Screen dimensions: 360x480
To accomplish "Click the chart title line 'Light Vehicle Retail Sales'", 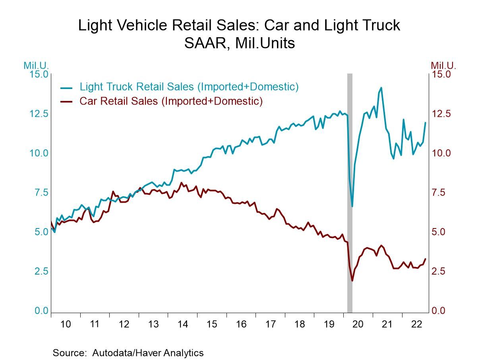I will (x=239, y=25).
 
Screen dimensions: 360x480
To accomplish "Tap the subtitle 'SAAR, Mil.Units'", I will (x=239, y=43).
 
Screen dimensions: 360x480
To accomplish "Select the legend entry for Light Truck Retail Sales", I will (x=189, y=87).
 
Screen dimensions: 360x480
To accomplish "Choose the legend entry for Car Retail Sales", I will (x=171, y=101).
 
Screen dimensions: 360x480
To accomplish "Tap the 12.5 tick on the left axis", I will (x=39, y=114).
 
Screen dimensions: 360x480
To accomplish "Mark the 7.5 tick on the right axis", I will (x=441, y=193).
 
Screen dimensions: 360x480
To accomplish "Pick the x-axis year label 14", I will (x=182, y=324).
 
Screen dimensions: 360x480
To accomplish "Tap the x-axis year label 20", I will (x=358, y=324).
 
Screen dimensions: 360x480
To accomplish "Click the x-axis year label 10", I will (x=65, y=324).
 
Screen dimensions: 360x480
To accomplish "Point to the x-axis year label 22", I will (x=416, y=324).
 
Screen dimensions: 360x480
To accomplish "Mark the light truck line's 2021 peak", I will (x=381, y=88).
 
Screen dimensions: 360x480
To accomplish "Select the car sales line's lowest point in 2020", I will (x=352, y=281).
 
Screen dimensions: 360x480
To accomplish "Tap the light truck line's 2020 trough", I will (x=352, y=206).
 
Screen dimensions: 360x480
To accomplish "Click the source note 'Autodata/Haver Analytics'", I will (x=148, y=353).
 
